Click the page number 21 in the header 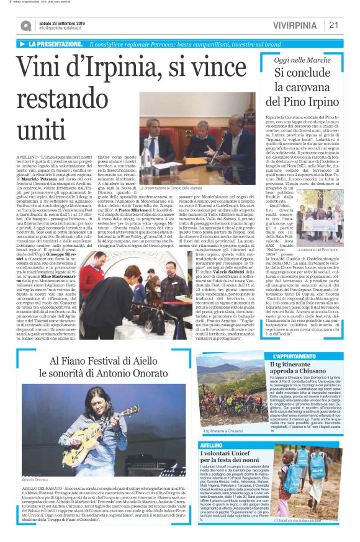334,25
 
